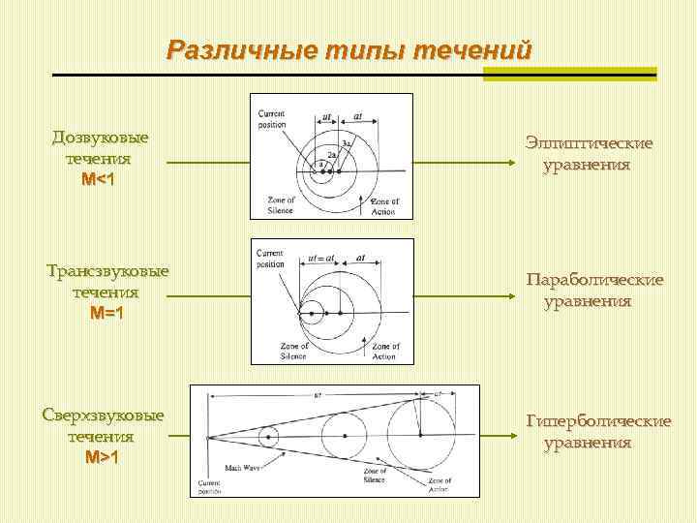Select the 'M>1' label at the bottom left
[x=103, y=457]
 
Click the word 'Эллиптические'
[x=589, y=143]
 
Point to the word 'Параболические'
[x=594, y=280]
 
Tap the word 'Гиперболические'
[x=597, y=421]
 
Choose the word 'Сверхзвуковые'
[x=103, y=415]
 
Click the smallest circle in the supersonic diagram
[x=265, y=437]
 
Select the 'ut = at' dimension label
[x=322, y=259]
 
